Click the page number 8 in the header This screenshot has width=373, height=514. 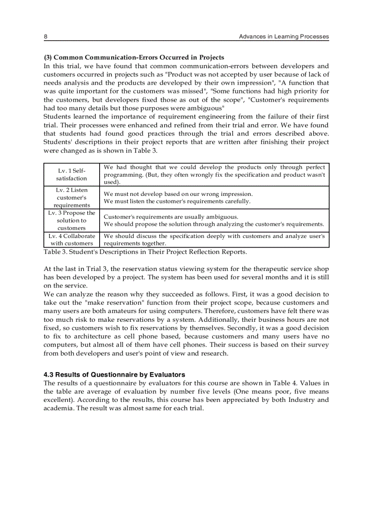tap(46, 36)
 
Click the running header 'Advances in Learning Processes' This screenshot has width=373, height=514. tap(283, 36)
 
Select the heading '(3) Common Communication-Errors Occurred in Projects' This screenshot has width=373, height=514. tap(134, 57)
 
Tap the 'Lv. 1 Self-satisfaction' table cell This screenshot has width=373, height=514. tap(71, 174)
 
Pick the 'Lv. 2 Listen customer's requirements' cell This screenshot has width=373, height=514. tap(71, 197)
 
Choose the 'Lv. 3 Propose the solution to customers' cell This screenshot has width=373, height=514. tap(71, 220)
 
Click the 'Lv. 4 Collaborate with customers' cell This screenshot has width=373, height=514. tap(71, 240)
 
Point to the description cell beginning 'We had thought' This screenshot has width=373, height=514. tap(214, 174)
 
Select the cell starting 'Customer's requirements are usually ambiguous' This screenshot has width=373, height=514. tap(213, 220)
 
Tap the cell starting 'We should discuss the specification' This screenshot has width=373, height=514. tap(214, 240)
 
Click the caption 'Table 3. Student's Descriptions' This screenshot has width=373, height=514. tap(145, 252)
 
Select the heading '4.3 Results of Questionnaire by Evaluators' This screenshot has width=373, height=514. tap(114, 374)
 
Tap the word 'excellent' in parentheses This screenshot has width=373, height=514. tap(60, 400)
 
